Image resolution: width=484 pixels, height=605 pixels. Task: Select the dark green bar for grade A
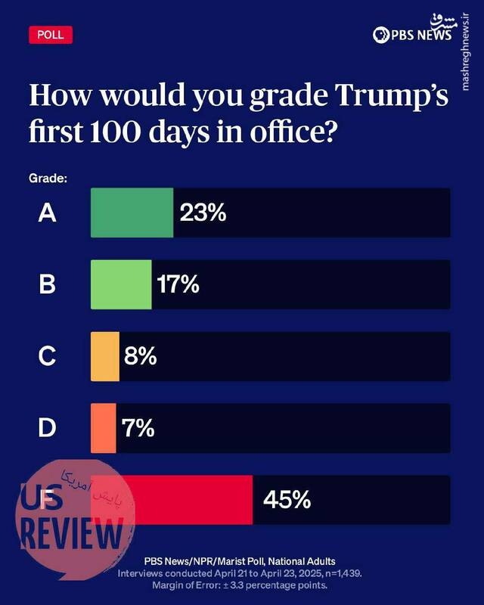(132, 213)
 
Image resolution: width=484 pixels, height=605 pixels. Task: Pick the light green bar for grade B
(121, 284)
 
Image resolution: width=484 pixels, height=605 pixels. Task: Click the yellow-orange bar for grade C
(105, 356)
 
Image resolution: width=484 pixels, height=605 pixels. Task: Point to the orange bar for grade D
(104, 428)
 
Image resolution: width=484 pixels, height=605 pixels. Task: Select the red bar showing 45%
(181, 500)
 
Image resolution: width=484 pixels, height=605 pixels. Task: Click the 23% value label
(203, 213)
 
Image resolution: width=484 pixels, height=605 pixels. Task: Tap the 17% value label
(178, 285)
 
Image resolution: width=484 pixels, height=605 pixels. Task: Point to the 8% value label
(141, 356)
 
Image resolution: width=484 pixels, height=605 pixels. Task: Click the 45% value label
(287, 500)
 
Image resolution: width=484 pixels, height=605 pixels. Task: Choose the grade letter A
(48, 213)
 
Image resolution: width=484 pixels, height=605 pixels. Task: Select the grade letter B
(48, 285)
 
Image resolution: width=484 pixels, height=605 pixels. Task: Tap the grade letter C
(48, 356)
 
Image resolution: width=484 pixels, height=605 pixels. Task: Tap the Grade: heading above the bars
(48, 178)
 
